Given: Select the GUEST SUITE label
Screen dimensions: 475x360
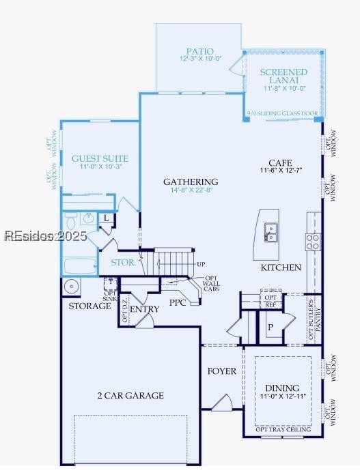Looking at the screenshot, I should click(100, 158).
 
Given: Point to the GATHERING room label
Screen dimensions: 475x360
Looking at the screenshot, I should click(191, 182).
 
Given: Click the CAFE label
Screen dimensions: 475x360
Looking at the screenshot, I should click(280, 162).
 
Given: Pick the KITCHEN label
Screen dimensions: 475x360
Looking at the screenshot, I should click(281, 268).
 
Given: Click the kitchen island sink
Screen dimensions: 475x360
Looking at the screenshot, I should click(271, 233).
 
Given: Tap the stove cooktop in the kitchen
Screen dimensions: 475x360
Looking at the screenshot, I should click(313, 240).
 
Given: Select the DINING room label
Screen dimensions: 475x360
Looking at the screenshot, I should click(282, 388).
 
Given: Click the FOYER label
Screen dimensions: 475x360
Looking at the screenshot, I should click(222, 371).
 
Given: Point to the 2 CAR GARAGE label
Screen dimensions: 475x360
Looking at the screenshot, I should click(130, 395).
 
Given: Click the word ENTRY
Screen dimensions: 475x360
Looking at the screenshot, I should click(144, 309).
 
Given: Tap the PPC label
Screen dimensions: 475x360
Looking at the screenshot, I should click(179, 302).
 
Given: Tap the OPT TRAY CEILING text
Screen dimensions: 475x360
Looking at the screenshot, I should click(283, 429).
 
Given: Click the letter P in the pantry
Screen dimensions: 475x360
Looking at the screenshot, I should click(271, 327).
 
